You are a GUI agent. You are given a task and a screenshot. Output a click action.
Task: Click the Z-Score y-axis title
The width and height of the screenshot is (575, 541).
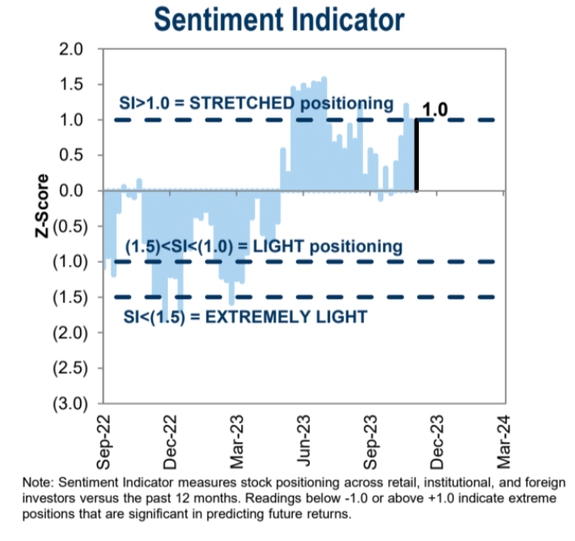(x=41, y=207)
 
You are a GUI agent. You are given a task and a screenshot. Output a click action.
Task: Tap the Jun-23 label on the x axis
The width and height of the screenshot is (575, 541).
(x=303, y=437)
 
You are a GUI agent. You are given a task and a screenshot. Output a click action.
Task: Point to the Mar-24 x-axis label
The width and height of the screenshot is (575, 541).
(x=504, y=437)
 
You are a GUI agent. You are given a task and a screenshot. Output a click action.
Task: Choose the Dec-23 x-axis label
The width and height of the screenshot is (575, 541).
(x=438, y=437)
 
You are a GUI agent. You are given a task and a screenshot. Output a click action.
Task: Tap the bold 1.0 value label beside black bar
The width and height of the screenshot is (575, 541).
(x=435, y=109)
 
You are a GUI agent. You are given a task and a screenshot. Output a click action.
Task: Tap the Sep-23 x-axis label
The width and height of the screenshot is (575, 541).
(x=371, y=437)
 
